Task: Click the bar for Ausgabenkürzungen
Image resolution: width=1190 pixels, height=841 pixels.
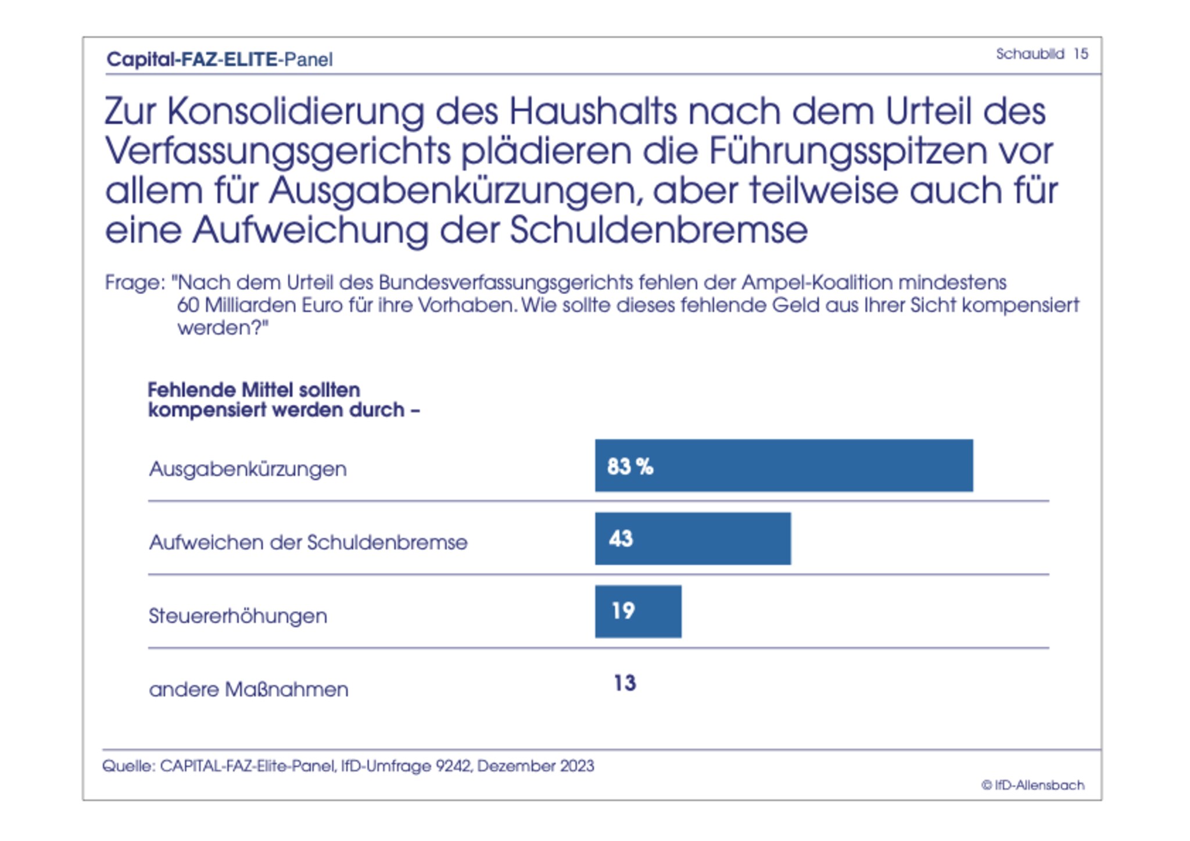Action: (x=783, y=465)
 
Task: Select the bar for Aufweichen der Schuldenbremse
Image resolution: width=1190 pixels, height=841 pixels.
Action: (x=693, y=538)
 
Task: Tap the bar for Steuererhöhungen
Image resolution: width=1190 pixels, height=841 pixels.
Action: (x=638, y=611)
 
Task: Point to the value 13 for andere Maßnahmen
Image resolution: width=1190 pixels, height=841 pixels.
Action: (x=625, y=683)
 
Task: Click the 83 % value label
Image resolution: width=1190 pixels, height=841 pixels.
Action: (x=630, y=466)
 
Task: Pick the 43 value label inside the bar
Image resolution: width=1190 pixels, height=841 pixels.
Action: (x=621, y=538)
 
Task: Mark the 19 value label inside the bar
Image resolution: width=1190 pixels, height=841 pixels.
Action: (x=623, y=610)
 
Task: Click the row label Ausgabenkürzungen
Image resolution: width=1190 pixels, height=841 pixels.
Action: (x=248, y=469)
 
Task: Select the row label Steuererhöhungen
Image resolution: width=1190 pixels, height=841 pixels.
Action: (x=238, y=616)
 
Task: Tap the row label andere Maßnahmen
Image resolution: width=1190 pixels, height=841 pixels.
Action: (x=249, y=689)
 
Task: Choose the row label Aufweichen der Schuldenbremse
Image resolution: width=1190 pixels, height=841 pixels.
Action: (x=308, y=542)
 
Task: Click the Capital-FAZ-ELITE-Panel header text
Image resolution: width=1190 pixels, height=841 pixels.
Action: (x=220, y=59)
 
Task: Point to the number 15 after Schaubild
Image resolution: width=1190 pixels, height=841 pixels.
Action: (x=1080, y=54)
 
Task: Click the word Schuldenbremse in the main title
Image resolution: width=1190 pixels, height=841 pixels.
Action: (x=658, y=231)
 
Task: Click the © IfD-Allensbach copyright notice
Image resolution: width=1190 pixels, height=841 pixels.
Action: (x=1033, y=785)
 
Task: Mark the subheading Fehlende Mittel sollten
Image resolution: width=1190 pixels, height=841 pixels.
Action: (x=254, y=390)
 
